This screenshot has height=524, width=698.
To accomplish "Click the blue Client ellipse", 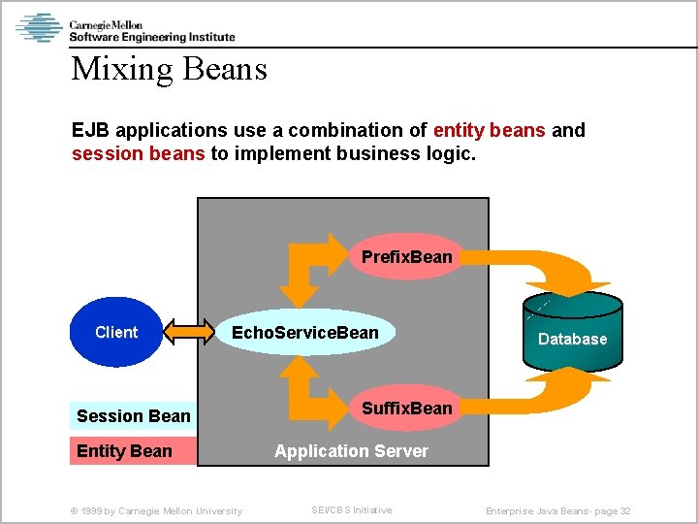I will click(x=116, y=332).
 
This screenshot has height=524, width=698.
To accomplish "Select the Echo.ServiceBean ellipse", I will click(x=305, y=333).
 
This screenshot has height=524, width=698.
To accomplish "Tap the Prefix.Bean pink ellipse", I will click(x=406, y=257).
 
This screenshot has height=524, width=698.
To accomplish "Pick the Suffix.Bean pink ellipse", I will click(x=406, y=409).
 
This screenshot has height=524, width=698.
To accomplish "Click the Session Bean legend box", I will click(x=133, y=416).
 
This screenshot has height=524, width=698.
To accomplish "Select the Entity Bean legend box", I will click(x=133, y=451).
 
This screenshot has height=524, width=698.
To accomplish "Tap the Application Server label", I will click(x=351, y=451).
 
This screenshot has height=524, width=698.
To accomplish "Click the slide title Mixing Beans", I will click(x=169, y=69).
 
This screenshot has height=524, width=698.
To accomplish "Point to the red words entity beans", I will click(x=490, y=130).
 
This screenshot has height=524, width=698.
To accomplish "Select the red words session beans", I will click(x=138, y=153).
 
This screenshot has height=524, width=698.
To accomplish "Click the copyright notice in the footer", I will click(x=156, y=511).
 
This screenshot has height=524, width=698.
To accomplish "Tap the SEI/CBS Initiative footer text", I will click(x=351, y=510).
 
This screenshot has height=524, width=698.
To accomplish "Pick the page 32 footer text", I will click(x=557, y=511).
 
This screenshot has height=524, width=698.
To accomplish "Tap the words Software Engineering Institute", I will click(x=152, y=37).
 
